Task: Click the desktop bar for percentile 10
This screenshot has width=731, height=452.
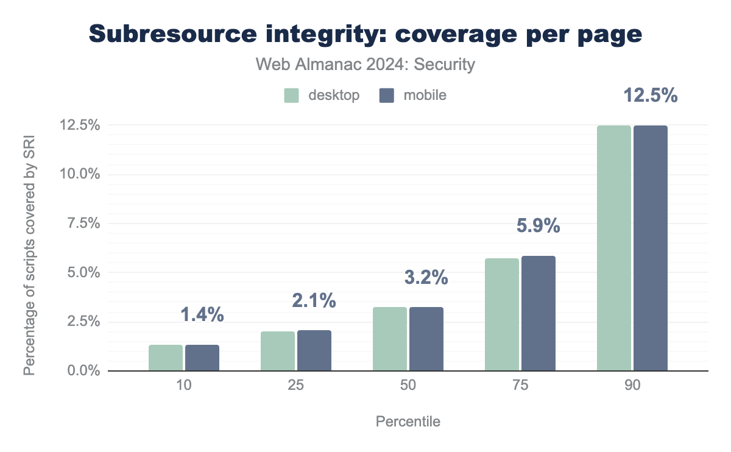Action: point(166,358)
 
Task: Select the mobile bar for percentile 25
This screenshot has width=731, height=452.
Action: point(314,350)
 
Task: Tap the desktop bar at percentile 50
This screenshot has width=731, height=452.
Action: point(390,339)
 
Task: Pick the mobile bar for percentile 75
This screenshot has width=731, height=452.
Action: point(539,313)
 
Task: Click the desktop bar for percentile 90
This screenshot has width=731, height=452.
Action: point(614,248)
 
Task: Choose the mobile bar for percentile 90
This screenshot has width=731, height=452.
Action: point(651,248)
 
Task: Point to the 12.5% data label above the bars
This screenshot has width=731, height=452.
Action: point(651,96)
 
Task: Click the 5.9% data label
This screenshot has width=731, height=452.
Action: point(538,227)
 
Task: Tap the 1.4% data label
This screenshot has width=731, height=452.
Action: point(202,315)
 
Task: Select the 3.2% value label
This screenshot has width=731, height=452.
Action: point(426,278)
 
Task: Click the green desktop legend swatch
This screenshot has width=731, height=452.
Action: point(292,96)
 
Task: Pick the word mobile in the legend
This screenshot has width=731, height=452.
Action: point(425,96)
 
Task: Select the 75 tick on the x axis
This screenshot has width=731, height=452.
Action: point(520,387)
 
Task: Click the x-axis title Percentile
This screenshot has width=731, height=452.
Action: point(408,422)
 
